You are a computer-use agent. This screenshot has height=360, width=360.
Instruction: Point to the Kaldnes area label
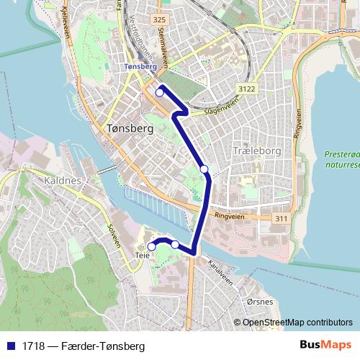point(63,180)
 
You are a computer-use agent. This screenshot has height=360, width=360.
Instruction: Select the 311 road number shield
point(281,217)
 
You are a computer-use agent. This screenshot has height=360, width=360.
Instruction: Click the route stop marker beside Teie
point(152,247)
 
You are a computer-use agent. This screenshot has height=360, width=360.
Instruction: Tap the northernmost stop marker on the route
point(160,92)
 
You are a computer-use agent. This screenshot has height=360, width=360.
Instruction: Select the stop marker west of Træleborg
point(204,169)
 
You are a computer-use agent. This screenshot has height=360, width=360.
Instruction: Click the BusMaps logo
point(325,346)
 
